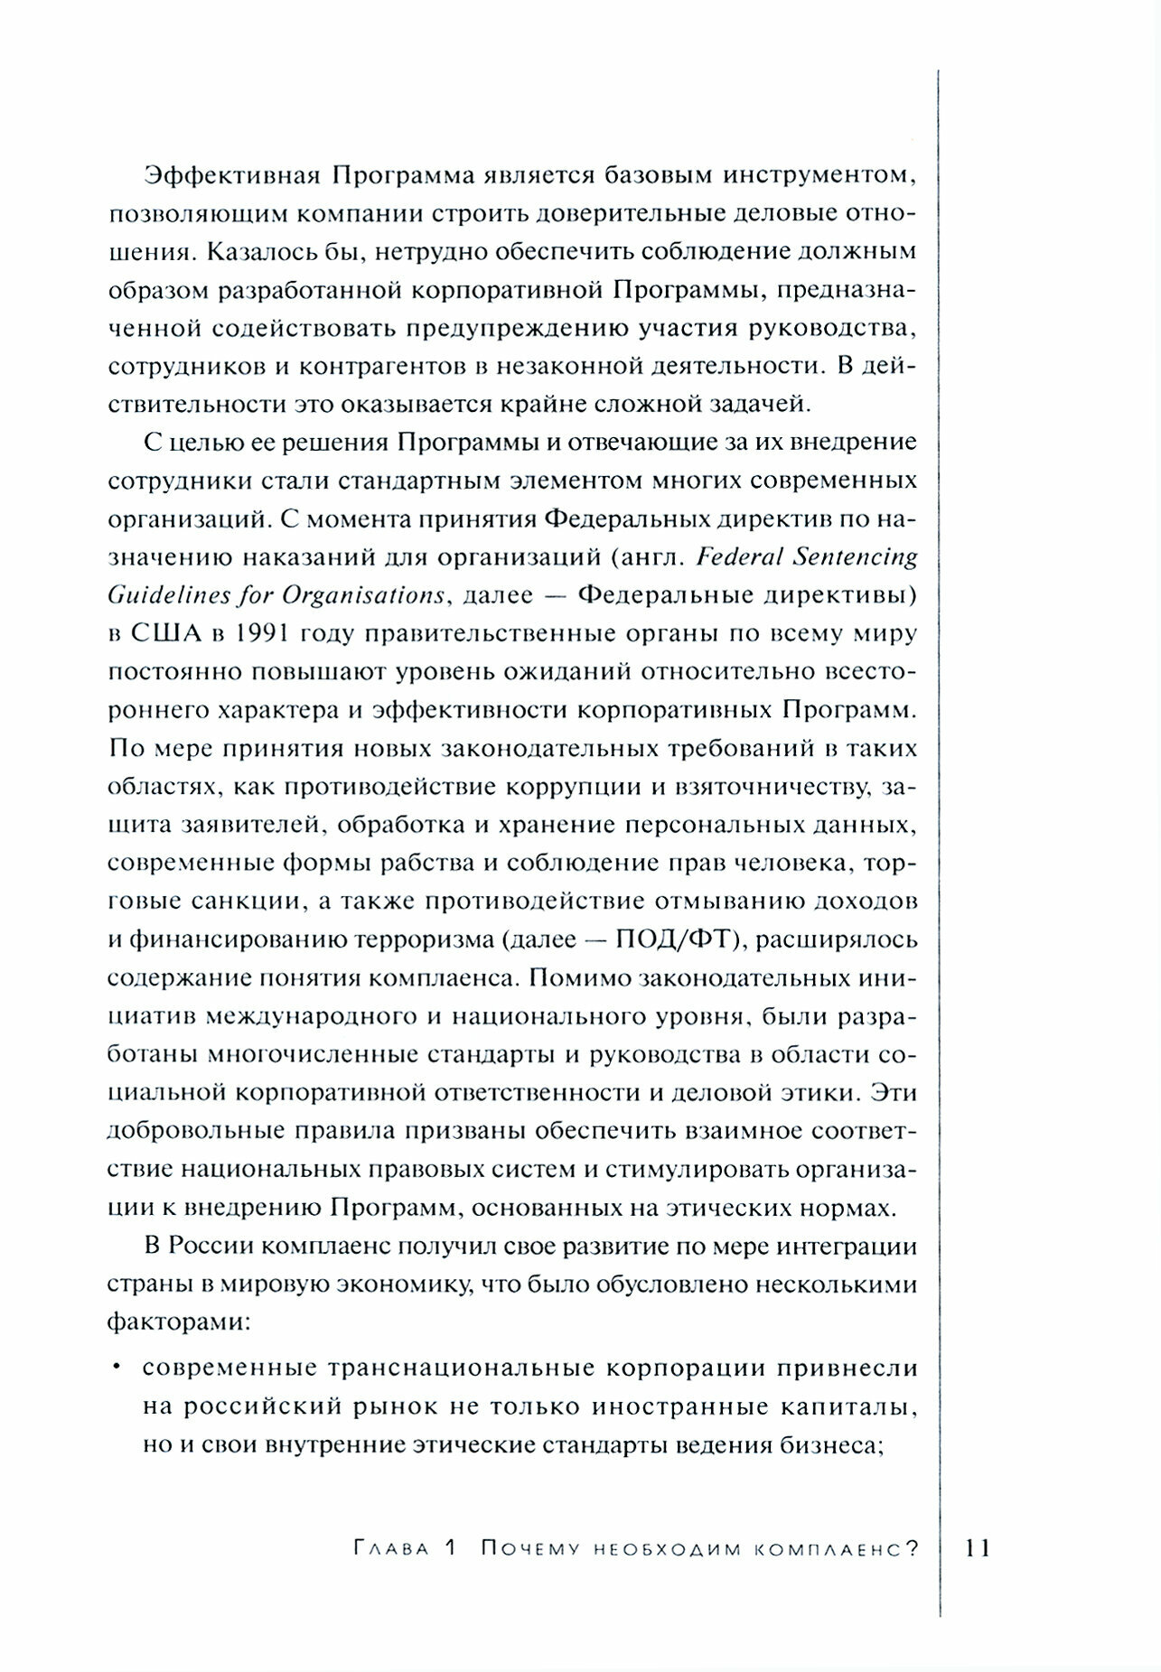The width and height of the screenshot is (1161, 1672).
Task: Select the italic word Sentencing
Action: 855,556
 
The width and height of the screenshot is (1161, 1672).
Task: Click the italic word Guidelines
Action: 164,594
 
